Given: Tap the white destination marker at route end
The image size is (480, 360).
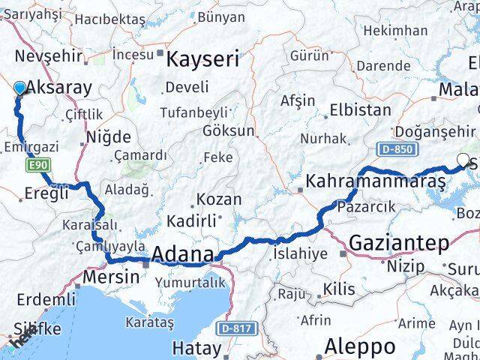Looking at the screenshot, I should coord(463,159).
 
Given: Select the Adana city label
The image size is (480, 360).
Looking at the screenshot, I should coord(182,255).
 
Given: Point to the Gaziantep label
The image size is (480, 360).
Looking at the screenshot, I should coord(398,242).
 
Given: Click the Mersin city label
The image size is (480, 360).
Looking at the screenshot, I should coord(111,276).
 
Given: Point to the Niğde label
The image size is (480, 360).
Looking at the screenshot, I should coord(109,137).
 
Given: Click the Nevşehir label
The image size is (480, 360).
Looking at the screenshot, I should coord(41,57).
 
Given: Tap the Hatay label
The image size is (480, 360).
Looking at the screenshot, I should coord(196,348).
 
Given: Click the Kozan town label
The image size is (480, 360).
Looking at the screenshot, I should coord(218,199).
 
